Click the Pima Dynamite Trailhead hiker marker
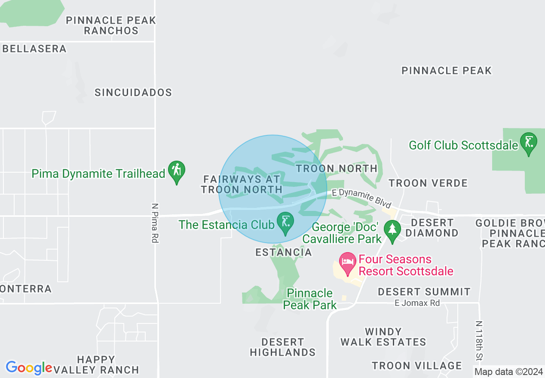point(176,171)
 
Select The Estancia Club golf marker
point(285,223)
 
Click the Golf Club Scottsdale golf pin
point(528,143)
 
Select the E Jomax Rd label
point(417,303)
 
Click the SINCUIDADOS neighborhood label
point(133,92)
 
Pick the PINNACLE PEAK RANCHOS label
point(111,25)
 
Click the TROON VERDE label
point(428,183)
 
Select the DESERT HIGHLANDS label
point(283,347)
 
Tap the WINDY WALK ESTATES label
point(383,337)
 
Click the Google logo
point(29,368)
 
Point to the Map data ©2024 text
point(508,371)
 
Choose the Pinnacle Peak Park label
point(310,299)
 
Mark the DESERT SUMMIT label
point(424,292)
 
